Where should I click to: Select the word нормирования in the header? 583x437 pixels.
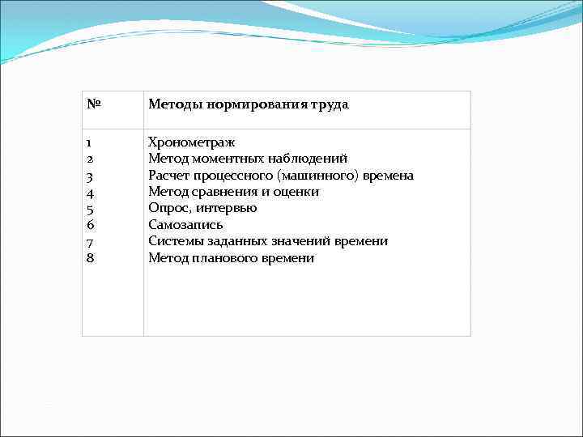pos(248,105)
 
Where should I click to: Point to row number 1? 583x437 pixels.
pos(89,142)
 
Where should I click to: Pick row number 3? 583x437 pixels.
pos(90,176)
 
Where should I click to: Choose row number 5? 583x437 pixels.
pos(90,209)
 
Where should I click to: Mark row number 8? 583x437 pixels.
pos(90,258)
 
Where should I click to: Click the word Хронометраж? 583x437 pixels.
pos(192,142)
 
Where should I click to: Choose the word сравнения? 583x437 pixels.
pos(227,192)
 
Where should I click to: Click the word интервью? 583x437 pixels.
pos(229,209)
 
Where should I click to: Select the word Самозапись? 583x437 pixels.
pos(185,225)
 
